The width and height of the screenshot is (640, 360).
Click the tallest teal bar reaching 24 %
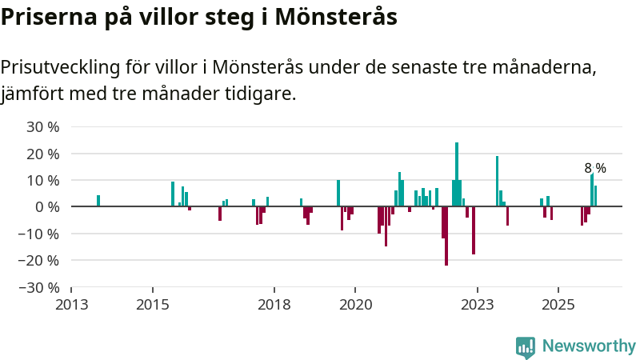pos(457,174)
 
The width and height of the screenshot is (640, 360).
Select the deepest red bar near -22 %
pos(446,236)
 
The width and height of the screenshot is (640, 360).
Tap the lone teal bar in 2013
pos(98,201)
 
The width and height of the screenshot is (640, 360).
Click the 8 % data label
pos(595,168)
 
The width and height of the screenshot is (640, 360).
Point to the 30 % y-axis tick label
pos(43,126)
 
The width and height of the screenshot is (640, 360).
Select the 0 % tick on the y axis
pos(49,206)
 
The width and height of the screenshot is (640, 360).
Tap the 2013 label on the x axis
pos(71,305)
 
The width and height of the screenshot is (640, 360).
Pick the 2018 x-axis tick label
pos(274,305)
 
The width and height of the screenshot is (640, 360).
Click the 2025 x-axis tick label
pos(558,305)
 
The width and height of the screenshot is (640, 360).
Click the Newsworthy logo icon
pos(526,346)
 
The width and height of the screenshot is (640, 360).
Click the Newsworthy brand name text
pos(589,346)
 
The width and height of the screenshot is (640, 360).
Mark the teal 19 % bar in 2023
pos(497,182)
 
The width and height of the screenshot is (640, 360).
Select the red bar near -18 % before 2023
pos(474,230)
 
